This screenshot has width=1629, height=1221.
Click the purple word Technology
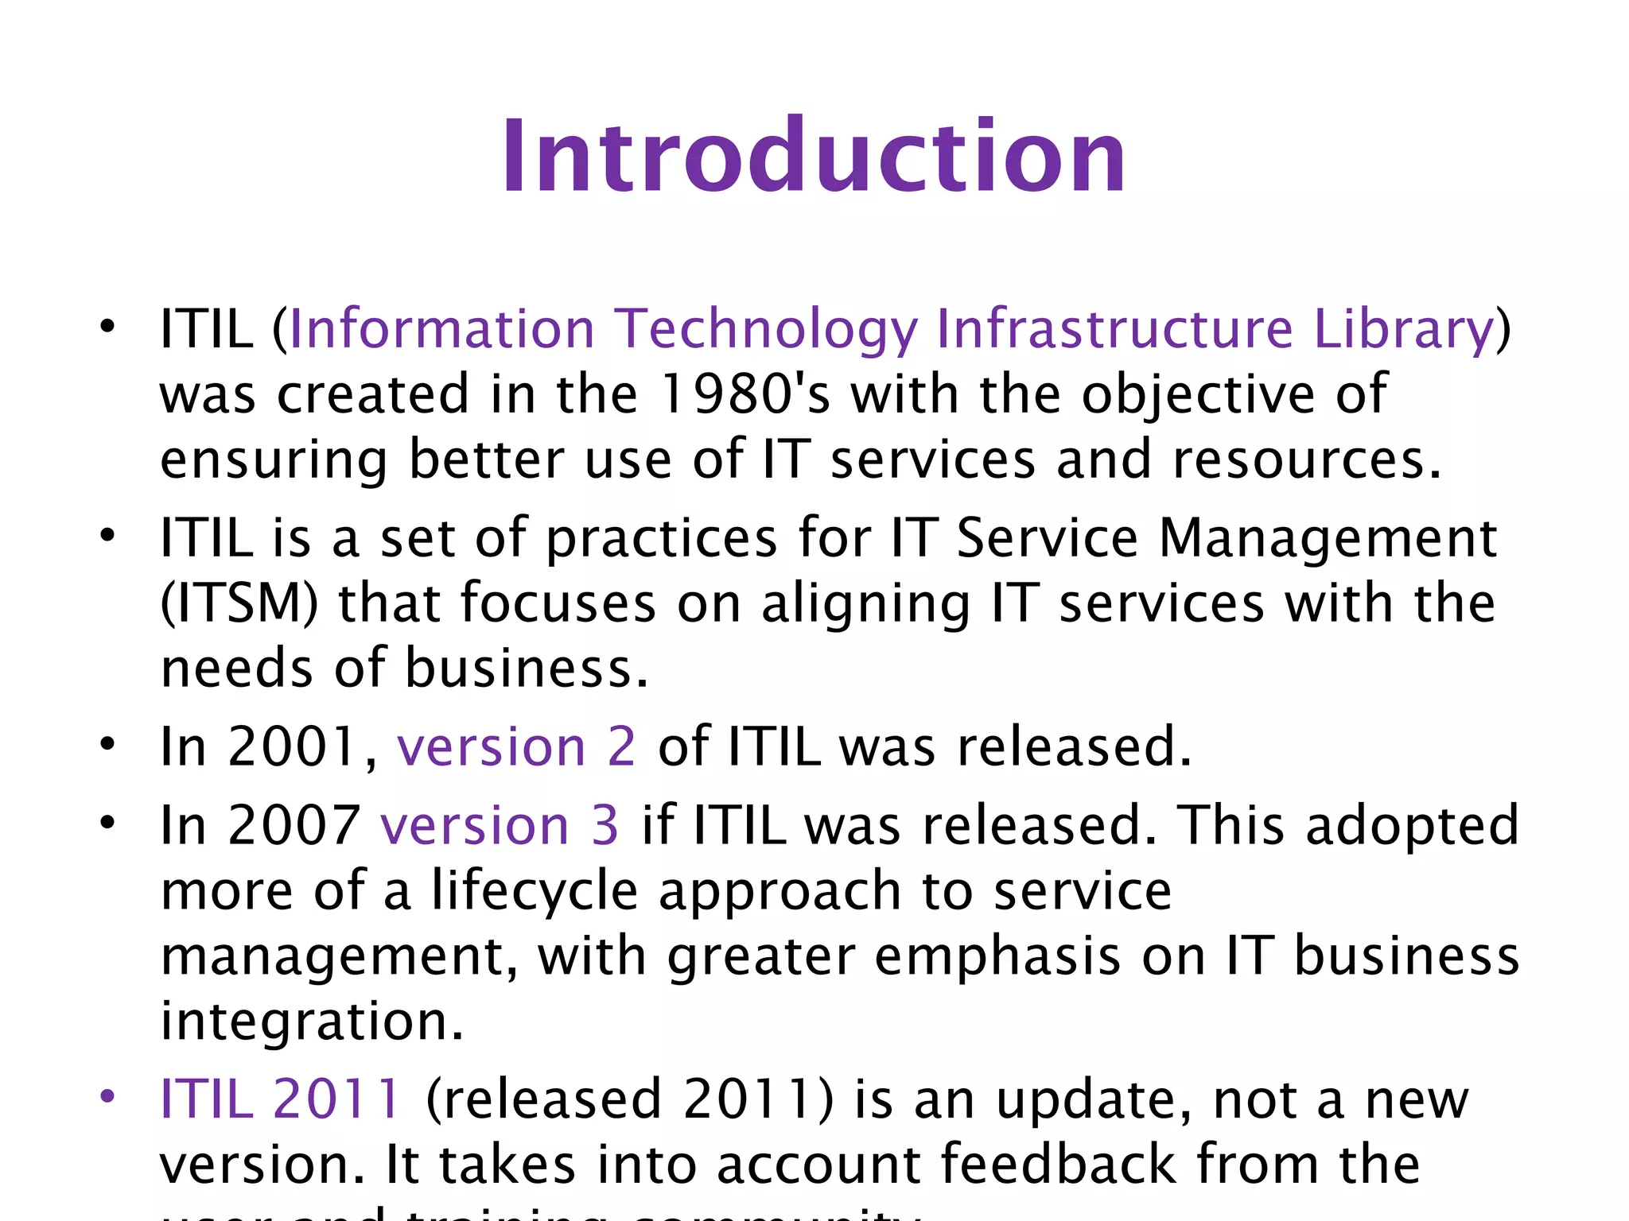[767, 329]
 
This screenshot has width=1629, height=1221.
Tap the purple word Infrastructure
[1114, 329]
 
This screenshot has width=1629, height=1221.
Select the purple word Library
[1404, 329]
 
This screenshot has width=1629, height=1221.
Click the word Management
[1328, 538]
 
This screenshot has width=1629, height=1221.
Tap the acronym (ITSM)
[239, 603]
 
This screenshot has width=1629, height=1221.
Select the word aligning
[866, 603]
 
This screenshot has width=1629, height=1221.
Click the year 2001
[291, 746]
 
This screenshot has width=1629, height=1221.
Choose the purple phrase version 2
[516, 746]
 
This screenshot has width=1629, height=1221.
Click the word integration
[311, 1021]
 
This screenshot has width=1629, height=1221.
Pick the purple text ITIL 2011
[280, 1099]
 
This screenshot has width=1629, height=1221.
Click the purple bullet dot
[107, 1097]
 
